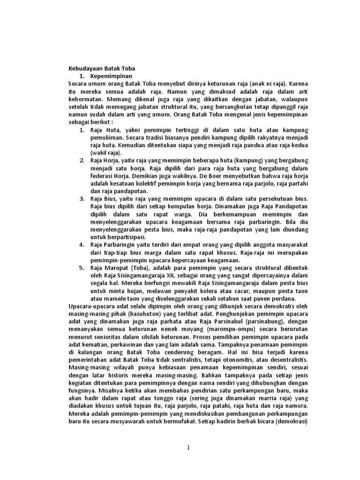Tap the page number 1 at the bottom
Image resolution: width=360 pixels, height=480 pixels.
188,448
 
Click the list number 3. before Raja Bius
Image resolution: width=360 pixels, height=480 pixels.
82,198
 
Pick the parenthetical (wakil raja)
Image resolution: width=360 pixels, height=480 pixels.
106,152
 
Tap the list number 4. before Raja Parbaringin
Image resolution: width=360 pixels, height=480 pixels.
82,244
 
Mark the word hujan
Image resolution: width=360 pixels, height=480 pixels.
130,290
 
